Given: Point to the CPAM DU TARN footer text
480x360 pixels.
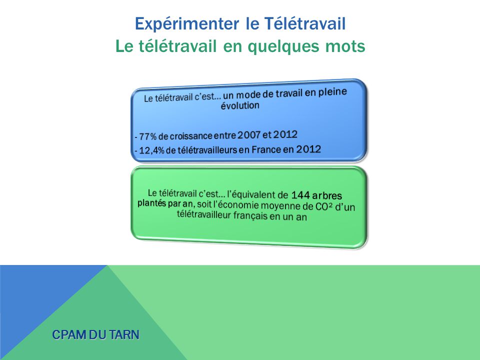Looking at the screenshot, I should [x=96, y=334].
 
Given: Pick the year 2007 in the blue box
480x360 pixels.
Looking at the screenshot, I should [x=249, y=134].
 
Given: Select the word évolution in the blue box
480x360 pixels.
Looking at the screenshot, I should [x=240, y=105].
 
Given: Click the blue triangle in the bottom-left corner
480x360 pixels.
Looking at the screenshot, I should [x=30, y=300].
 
